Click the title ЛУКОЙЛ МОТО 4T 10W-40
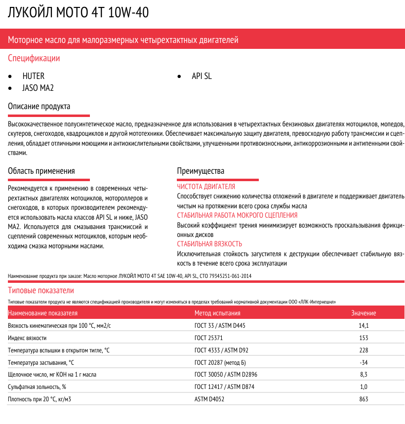click(x=78, y=13)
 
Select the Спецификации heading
click(x=34, y=58)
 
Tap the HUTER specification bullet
click(x=33, y=77)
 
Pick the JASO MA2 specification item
click(x=38, y=88)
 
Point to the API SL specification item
click(x=202, y=77)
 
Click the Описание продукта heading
click(x=39, y=107)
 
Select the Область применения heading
click(x=41, y=171)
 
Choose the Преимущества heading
click(x=201, y=171)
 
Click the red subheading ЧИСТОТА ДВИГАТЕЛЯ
click(x=206, y=187)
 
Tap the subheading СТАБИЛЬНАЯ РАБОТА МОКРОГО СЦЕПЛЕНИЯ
click(x=237, y=215)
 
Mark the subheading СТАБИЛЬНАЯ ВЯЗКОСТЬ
click(x=209, y=244)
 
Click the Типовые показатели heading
click(x=41, y=290)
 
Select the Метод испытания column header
click(x=217, y=313)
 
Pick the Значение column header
click(x=364, y=313)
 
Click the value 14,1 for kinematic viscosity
click(x=364, y=326)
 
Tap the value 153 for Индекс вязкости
click(x=364, y=338)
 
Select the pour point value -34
click(x=364, y=362)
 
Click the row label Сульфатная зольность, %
click(x=37, y=386)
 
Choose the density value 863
click(x=364, y=399)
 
